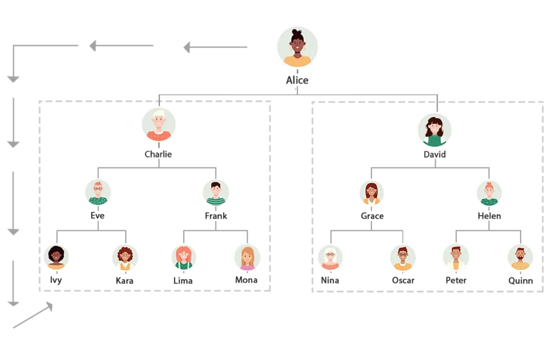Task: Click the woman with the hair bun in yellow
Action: click(297, 47)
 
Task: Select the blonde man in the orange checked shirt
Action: click(159, 125)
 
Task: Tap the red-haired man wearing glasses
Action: click(98, 191)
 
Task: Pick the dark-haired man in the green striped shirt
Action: click(215, 192)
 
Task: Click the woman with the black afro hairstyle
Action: click(56, 256)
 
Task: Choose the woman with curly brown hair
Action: click(125, 256)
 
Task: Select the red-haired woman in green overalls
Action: click(183, 256)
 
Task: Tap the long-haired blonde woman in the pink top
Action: click(247, 256)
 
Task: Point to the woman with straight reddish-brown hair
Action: click(372, 192)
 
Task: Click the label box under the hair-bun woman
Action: click(297, 80)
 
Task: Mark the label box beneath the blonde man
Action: click(160, 155)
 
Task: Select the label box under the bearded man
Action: click(520, 280)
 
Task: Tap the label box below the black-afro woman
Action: click(56, 280)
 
